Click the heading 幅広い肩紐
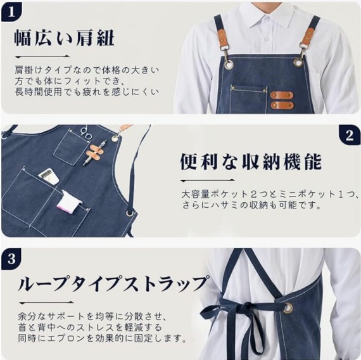(64, 37)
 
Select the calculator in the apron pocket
(48, 176)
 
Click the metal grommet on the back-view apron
(288, 309)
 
